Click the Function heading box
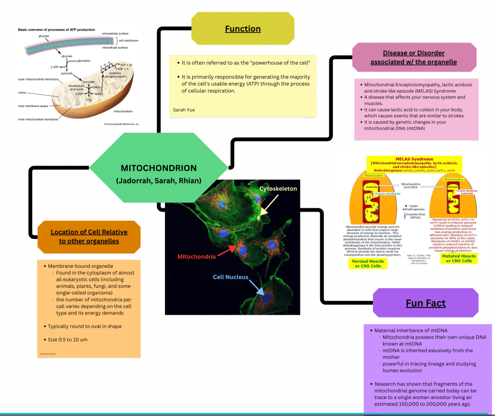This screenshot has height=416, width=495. [x=243, y=29]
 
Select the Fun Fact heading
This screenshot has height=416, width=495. [x=425, y=304]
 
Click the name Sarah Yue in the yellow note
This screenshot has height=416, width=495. [x=184, y=110]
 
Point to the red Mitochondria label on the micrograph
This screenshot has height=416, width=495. [x=196, y=257]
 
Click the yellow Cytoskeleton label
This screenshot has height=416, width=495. [x=278, y=188]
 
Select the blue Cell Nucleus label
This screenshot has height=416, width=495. [x=231, y=277]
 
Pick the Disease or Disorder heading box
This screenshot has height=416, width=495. [x=414, y=58]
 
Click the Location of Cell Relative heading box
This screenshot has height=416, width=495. [x=89, y=236]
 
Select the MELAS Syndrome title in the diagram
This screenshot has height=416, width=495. [x=414, y=159]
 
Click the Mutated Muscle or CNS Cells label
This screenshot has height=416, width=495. [x=459, y=258]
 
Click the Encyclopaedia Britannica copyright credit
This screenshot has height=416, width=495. [x=121, y=124]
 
